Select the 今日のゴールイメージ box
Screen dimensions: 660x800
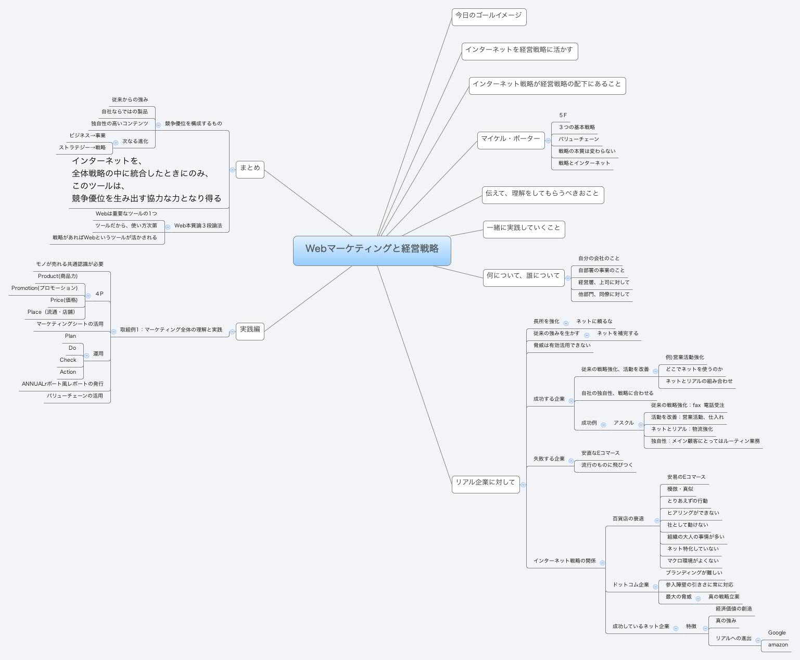488,16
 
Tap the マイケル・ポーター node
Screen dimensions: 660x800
510,139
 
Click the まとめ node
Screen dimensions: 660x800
250,169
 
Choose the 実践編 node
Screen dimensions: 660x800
250,330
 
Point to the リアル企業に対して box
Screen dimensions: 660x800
485,483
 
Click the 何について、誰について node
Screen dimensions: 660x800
523,276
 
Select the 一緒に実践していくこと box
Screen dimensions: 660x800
524,229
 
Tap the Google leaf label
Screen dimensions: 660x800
777,633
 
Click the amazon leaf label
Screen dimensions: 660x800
778,645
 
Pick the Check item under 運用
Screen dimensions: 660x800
68,360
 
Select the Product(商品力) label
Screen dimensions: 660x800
58,276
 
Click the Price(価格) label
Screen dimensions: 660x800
64,300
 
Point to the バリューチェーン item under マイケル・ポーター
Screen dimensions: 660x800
578,139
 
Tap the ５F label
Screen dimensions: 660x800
563,116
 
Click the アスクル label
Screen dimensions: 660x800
623,423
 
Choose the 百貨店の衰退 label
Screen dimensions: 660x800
628,519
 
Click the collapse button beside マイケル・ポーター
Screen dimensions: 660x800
548,141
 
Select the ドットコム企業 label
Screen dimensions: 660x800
630,585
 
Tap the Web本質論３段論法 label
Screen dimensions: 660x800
198,226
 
